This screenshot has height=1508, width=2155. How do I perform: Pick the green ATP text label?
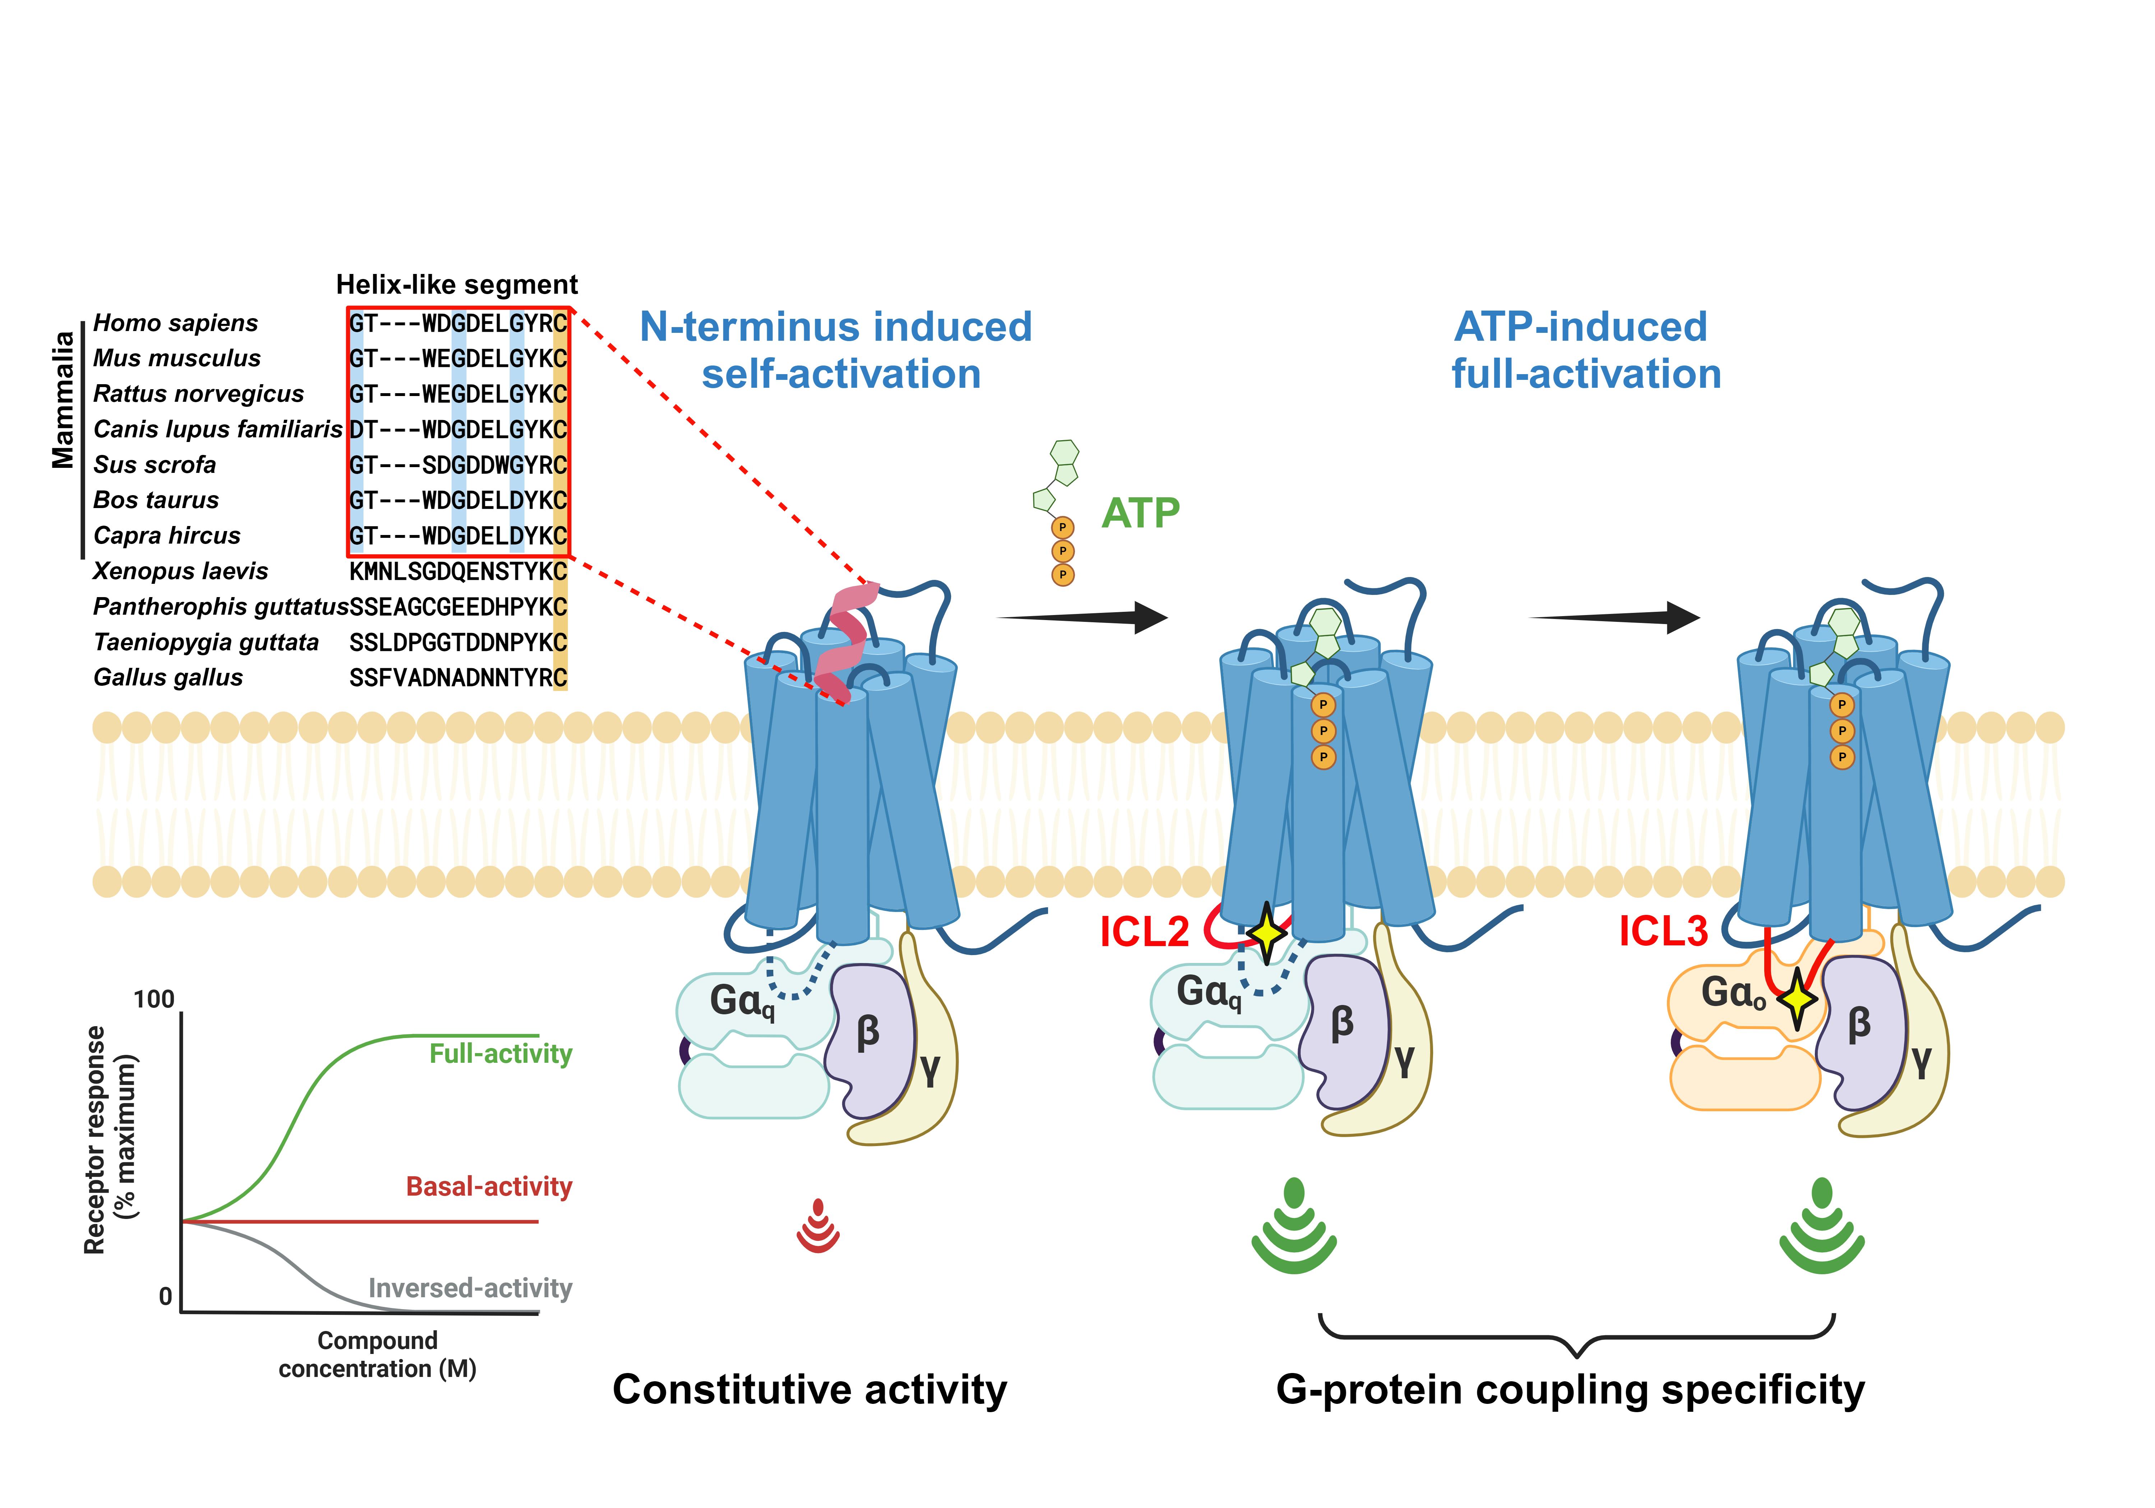(1140, 513)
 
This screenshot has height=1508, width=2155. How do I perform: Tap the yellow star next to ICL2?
(1266, 933)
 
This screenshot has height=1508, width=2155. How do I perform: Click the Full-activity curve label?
(500, 1054)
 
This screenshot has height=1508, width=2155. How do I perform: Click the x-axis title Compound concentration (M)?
(377, 1354)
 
